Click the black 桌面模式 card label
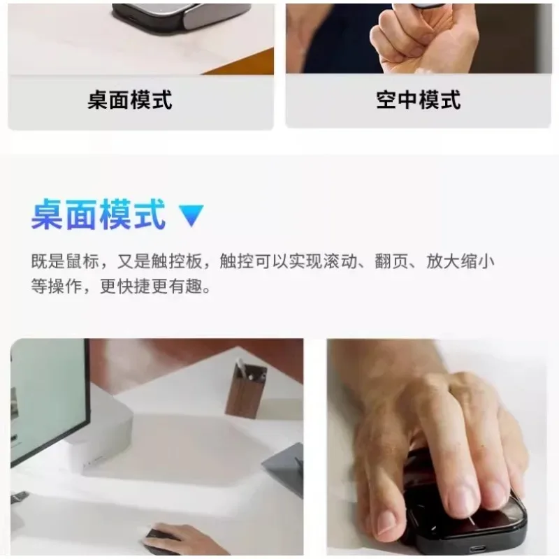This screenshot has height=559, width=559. (130, 100)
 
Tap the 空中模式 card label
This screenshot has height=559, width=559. (418, 100)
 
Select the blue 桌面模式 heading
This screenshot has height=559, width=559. (99, 215)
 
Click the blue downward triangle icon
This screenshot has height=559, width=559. (191, 216)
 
